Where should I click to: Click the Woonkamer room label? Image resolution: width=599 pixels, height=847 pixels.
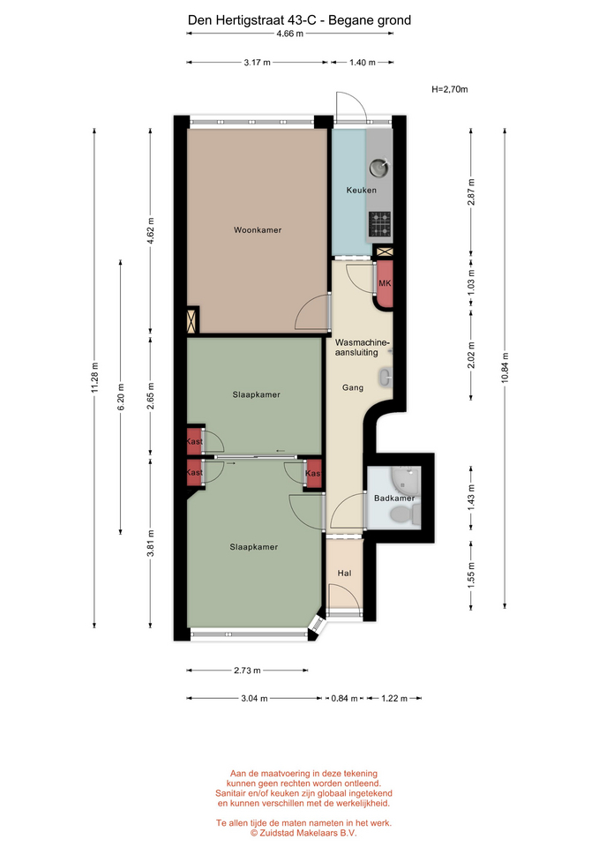click(257, 230)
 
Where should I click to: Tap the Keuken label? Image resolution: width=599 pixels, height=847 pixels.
click(362, 191)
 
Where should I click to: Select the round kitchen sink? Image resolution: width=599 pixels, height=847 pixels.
click(379, 168)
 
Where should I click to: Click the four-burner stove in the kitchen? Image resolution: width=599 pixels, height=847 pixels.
click(379, 225)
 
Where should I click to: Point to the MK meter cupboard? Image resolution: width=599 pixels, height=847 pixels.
click(384, 284)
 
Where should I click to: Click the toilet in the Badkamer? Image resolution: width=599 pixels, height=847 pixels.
click(405, 515)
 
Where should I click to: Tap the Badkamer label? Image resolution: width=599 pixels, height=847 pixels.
click(394, 498)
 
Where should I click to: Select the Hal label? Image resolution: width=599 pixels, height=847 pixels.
click(344, 573)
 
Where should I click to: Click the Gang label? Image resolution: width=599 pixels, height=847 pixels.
click(353, 387)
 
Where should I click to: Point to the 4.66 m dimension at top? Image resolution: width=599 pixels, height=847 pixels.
click(289, 34)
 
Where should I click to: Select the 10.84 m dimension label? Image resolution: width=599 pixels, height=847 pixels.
click(505, 367)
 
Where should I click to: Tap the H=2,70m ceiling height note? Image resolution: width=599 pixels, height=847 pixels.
click(449, 90)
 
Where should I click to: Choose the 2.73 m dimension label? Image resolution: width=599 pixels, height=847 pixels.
click(247, 671)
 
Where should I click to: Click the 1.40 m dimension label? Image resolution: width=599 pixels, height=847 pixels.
click(362, 63)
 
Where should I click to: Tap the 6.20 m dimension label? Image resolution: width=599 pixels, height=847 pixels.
click(121, 397)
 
